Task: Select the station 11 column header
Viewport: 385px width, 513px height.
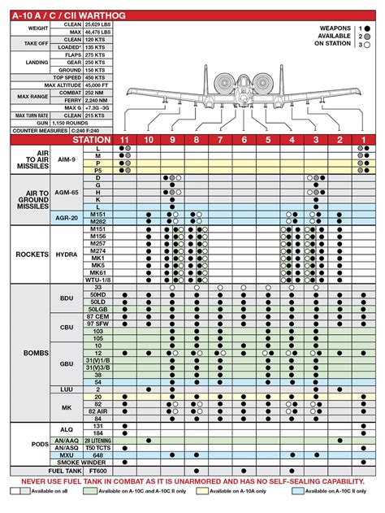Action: click(123, 140)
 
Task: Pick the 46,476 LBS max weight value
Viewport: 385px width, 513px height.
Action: click(99, 33)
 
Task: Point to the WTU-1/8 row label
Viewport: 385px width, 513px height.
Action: click(98, 279)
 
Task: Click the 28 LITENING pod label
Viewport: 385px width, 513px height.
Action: click(98, 439)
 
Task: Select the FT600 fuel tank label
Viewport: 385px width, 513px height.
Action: click(98, 470)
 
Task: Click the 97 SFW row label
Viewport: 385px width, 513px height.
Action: click(98, 324)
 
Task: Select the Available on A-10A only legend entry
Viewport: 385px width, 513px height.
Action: click(236, 491)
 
